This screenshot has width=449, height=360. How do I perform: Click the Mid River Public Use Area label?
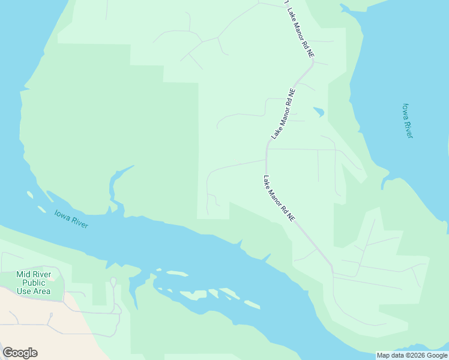(34, 283)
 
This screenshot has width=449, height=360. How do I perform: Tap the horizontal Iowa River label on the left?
(71, 218)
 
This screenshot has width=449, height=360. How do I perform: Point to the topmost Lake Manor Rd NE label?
(300, 32)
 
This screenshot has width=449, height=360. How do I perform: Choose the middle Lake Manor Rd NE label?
(284, 114)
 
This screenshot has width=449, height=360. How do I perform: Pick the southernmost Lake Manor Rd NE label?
(279, 199)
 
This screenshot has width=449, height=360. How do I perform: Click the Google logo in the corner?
(20, 353)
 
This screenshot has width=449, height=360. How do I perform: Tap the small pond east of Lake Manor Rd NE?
(319, 112)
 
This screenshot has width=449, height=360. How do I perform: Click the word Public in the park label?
(34, 283)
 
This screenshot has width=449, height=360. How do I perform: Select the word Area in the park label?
(42, 291)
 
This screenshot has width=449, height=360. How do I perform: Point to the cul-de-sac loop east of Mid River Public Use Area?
(113, 281)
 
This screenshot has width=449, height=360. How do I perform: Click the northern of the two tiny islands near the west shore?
(29, 195)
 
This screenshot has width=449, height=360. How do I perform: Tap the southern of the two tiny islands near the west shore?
(41, 209)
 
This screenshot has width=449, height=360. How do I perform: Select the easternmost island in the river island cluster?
(252, 305)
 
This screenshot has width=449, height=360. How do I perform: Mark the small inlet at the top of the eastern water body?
(345, 8)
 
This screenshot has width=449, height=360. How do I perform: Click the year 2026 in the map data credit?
(414, 355)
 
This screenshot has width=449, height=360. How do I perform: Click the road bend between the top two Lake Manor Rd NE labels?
(312, 64)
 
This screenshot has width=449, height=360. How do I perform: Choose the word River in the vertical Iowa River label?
(409, 129)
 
